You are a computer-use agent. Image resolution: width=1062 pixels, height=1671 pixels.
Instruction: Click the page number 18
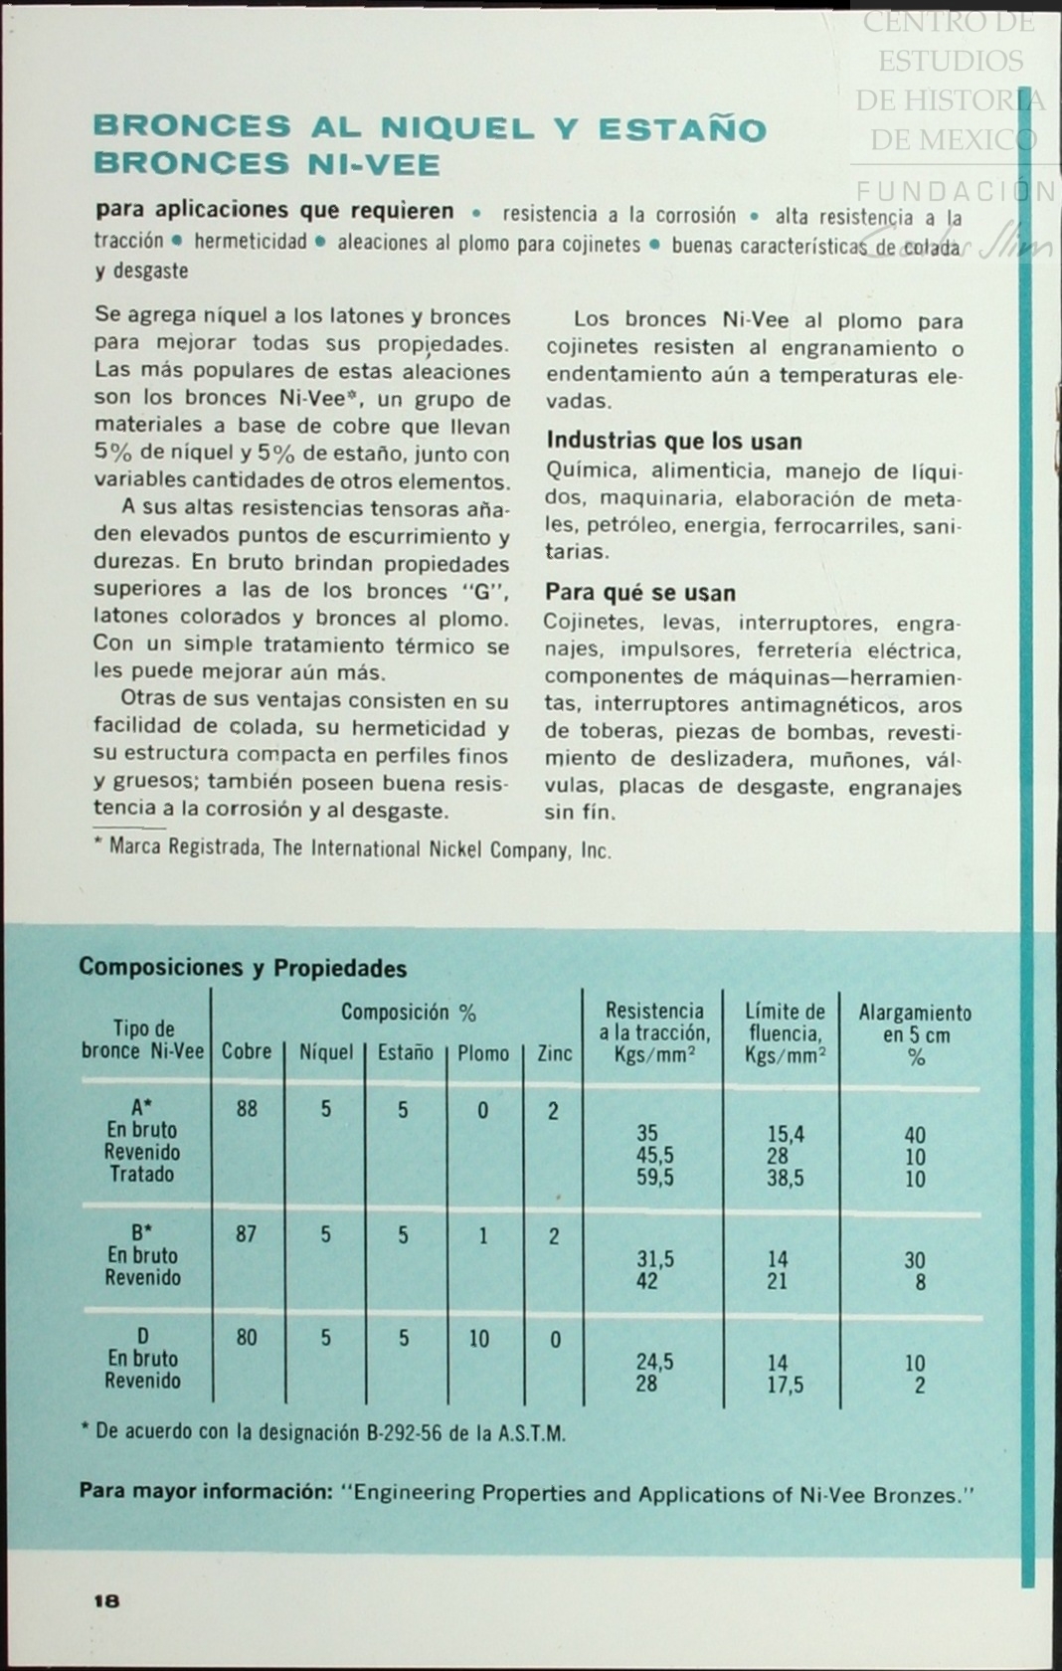106,1600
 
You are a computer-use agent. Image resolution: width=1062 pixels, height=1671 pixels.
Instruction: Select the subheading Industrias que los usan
674,441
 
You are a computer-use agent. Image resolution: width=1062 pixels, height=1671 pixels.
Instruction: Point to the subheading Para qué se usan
640,593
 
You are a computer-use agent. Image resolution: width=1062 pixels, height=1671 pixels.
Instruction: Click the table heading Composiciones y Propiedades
243,968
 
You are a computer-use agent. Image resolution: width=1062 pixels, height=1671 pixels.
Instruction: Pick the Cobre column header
247,1051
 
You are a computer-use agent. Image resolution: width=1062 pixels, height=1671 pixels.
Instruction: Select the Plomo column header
483,1052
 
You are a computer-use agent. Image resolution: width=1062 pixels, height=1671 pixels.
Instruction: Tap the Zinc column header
554,1052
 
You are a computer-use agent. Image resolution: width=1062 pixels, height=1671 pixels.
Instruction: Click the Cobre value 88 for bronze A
247,1109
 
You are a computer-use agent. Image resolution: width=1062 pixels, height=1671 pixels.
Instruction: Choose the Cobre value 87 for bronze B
247,1234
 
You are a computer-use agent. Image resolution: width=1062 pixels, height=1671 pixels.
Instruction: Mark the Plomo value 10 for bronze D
479,1339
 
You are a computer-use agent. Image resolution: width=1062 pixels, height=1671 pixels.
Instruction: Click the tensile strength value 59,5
655,1178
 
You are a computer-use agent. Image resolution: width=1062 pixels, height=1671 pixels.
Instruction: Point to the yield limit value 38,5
786,1178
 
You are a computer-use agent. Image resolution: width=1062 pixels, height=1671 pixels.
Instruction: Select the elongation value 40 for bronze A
915,1135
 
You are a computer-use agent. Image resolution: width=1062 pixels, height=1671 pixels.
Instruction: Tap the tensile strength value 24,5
655,1362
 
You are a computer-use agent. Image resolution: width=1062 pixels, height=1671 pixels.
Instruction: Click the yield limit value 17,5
786,1384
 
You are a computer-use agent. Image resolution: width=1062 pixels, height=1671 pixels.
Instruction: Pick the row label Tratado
142,1174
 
